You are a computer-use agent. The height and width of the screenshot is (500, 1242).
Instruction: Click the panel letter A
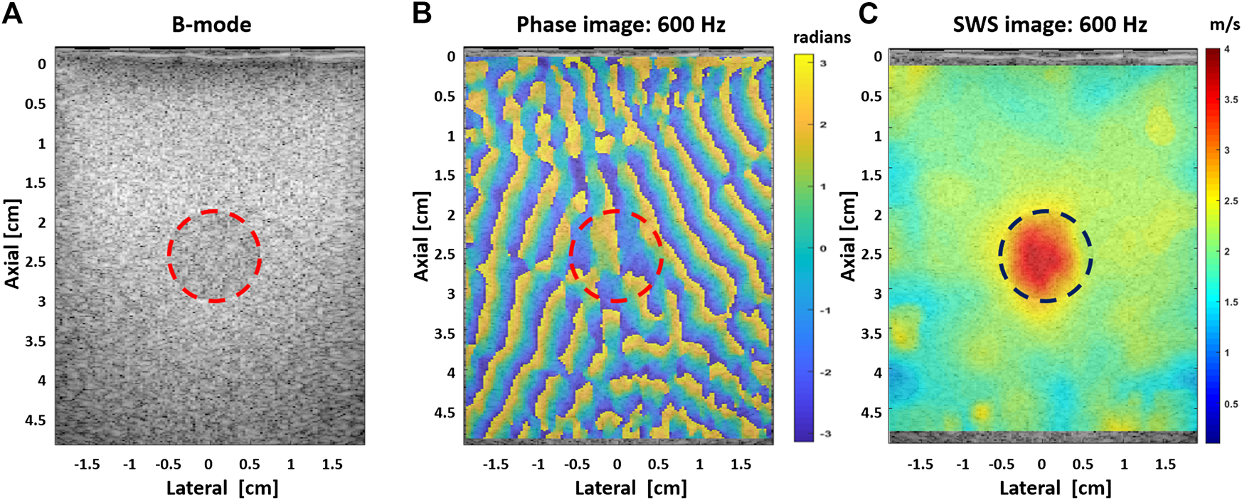click(x=12, y=13)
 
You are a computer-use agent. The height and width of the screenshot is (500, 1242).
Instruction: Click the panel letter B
click(x=422, y=13)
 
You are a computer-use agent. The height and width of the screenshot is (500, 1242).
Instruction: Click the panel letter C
click(x=869, y=13)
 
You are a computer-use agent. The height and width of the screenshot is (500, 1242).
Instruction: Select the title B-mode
click(x=211, y=26)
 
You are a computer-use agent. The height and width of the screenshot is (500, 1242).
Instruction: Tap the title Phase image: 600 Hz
click(x=620, y=26)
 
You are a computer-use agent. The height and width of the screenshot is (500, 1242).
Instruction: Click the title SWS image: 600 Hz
click(x=1049, y=26)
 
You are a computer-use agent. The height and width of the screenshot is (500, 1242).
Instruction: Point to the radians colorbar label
click(x=822, y=38)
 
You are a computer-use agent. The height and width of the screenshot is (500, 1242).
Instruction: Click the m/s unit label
click(x=1224, y=25)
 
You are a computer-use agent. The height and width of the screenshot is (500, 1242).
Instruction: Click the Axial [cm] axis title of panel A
click(x=11, y=243)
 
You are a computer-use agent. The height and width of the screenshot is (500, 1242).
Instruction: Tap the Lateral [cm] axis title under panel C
click(x=1055, y=488)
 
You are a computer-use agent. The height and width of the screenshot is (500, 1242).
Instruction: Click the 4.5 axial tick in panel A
click(x=36, y=420)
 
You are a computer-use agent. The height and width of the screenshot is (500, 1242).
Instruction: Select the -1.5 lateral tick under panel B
click(x=495, y=464)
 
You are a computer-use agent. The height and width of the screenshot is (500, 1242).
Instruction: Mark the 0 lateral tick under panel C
click(x=1041, y=464)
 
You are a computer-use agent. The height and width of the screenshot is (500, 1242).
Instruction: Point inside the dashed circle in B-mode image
click(x=214, y=256)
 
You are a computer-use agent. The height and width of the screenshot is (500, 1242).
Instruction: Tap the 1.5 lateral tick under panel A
click(x=331, y=464)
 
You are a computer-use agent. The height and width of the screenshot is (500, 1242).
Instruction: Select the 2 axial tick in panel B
click(x=451, y=214)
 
